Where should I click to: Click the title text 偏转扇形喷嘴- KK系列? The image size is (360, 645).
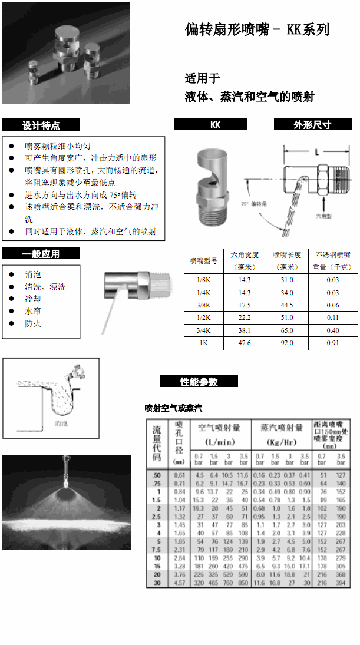pyautogui.click(x=257, y=30)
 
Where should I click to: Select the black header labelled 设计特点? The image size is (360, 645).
pyautogui.click(x=41, y=125)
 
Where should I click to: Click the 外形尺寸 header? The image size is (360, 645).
pyautogui.click(x=312, y=125)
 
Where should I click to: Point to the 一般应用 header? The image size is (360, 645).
pyautogui.click(x=41, y=254)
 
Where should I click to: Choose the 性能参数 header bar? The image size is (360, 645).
pyautogui.click(x=199, y=382)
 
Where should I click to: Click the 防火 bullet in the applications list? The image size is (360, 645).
pyautogui.click(x=33, y=323)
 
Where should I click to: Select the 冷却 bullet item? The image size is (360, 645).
pyautogui.click(x=33, y=299)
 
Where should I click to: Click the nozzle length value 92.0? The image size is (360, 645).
pyautogui.click(x=286, y=343)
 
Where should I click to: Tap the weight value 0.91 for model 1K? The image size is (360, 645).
pyautogui.click(x=333, y=343)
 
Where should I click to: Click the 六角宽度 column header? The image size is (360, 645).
pyautogui.click(x=244, y=260)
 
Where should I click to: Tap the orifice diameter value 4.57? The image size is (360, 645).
pyautogui.click(x=180, y=583)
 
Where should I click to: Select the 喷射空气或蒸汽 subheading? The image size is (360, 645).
pyautogui.click(x=174, y=408)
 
